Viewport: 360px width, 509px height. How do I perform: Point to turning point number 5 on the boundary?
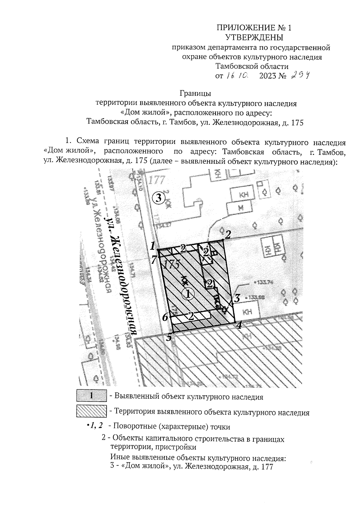[x=169, y=337]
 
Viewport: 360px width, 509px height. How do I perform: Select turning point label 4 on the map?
[x=239, y=325]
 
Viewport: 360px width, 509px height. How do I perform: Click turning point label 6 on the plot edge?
[x=165, y=317]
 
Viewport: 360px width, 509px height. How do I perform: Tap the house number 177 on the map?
[x=157, y=181]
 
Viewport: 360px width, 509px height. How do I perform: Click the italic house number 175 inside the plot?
[x=172, y=265]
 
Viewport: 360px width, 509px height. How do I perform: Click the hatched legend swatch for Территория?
[x=91, y=412]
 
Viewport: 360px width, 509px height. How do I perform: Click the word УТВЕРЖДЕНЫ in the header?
[x=254, y=37]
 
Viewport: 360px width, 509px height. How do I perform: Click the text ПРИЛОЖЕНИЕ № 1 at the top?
[x=254, y=28]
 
